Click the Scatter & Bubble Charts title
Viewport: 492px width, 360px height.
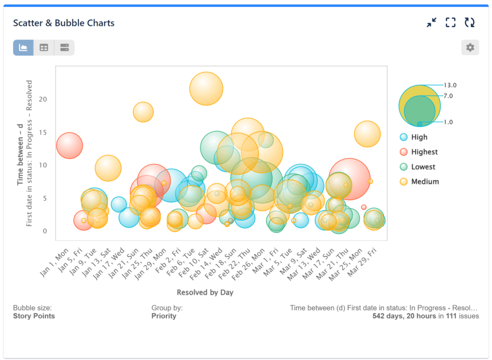[x=64, y=23]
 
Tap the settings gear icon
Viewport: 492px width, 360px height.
[x=470, y=48]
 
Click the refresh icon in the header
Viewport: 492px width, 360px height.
[x=470, y=23]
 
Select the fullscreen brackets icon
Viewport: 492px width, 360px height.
[x=450, y=23]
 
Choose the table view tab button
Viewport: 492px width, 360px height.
[x=44, y=48]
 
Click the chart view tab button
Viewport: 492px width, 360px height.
[x=23, y=48]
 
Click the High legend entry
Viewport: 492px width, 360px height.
[x=418, y=137]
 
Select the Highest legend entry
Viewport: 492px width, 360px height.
[x=424, y=152]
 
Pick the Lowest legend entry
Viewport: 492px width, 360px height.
[x=423, y=167]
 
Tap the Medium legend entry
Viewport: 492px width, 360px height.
[x=424, y=182]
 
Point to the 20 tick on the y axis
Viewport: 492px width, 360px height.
[x=43, y=99]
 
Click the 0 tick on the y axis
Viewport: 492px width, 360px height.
[x=45, y=231]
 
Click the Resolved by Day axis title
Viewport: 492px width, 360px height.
[x=205, y=292]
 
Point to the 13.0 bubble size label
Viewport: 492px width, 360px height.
[x=450, y=85]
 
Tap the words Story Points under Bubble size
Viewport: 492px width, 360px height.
[x=34, y=316]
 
